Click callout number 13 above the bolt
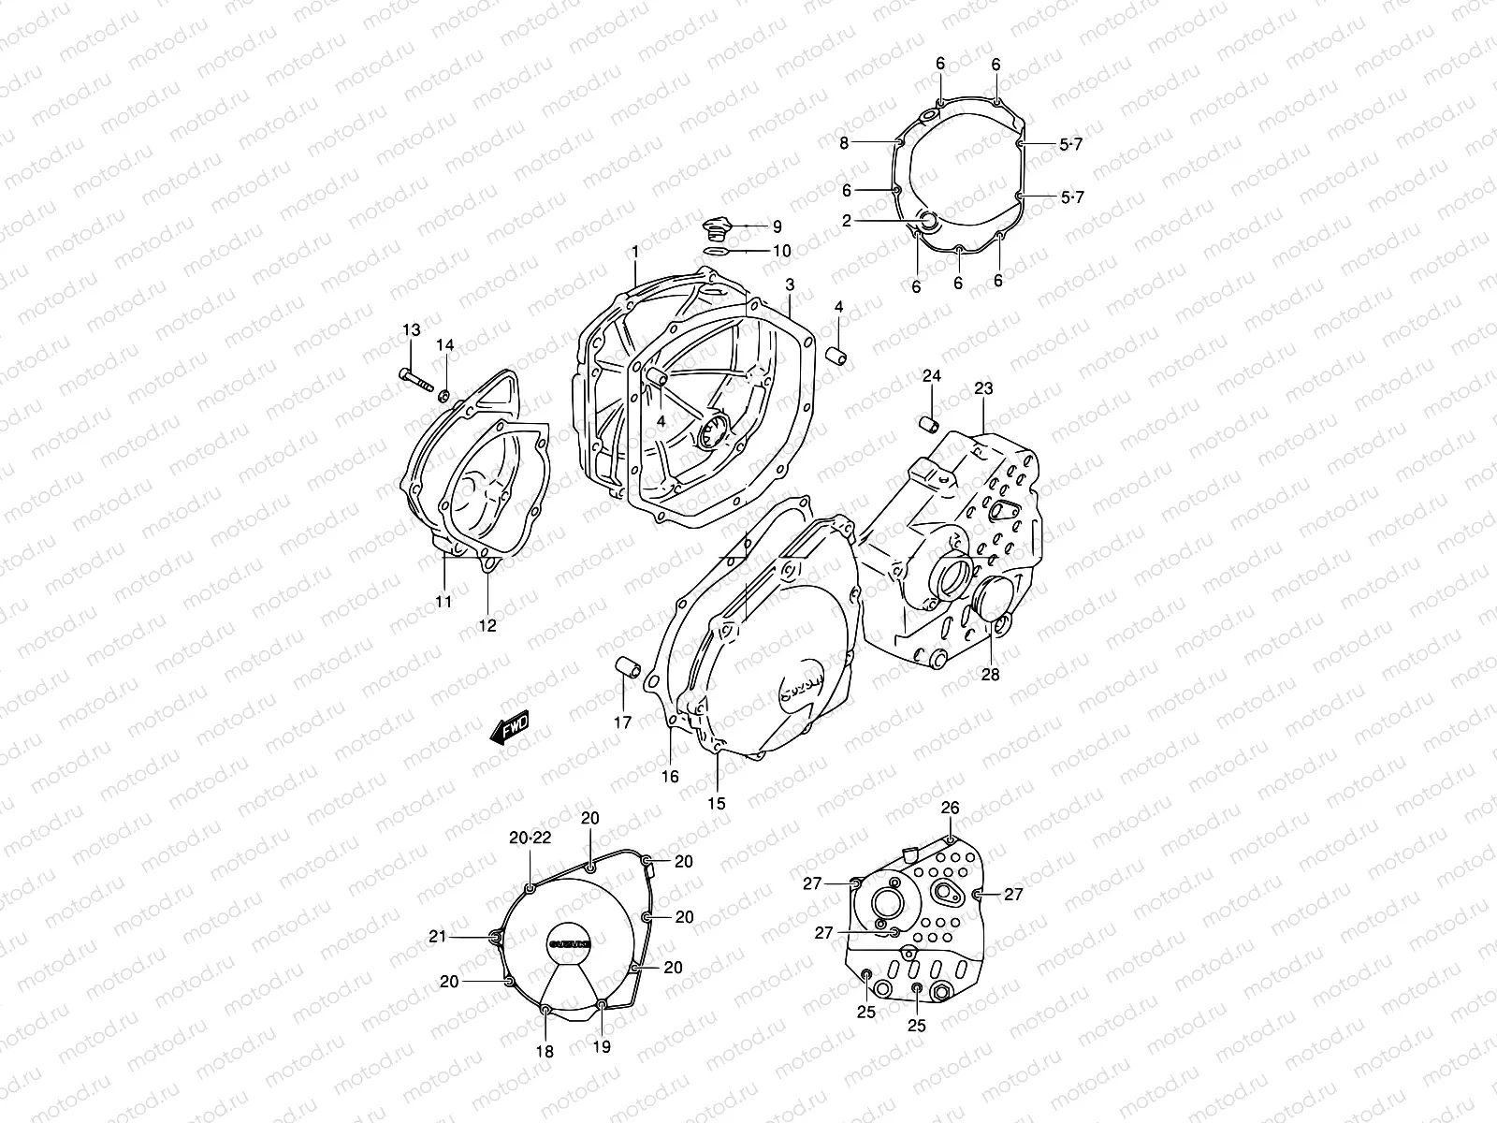click(412, 329)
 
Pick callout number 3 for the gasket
click(790, 284)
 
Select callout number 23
click(983, 387)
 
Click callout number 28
click(990, 674)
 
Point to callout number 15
click(716, 803)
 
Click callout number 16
click(671, 776)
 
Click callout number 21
click(461, 936)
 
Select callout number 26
click(950, 808)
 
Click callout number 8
click(843, 143)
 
